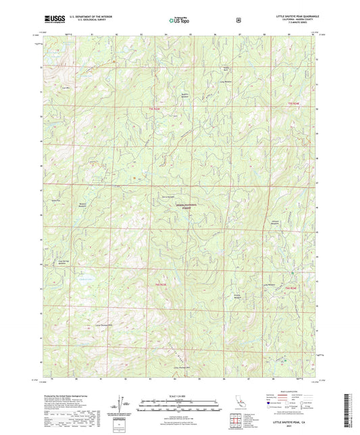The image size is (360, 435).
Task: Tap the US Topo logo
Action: (x=180, y=20)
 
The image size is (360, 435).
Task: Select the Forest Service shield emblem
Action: (x=238, y=20)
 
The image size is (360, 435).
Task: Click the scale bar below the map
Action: (x=179, y=407)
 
